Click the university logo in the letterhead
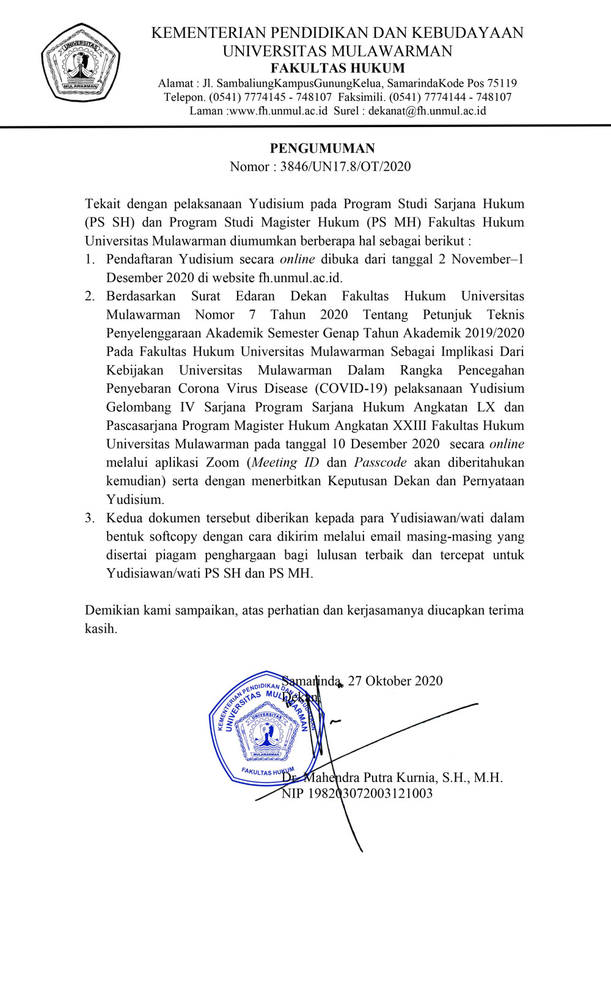[80, 63]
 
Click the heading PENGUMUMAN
[323, 148]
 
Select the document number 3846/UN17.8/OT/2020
[345, 167]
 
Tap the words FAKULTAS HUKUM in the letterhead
[338, 68]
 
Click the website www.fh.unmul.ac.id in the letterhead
[279, 111]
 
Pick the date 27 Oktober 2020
[395, 681]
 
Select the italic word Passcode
[380, 462]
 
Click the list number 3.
[89, 518]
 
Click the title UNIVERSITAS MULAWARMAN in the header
[337, 51]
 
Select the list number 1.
[89, 259]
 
